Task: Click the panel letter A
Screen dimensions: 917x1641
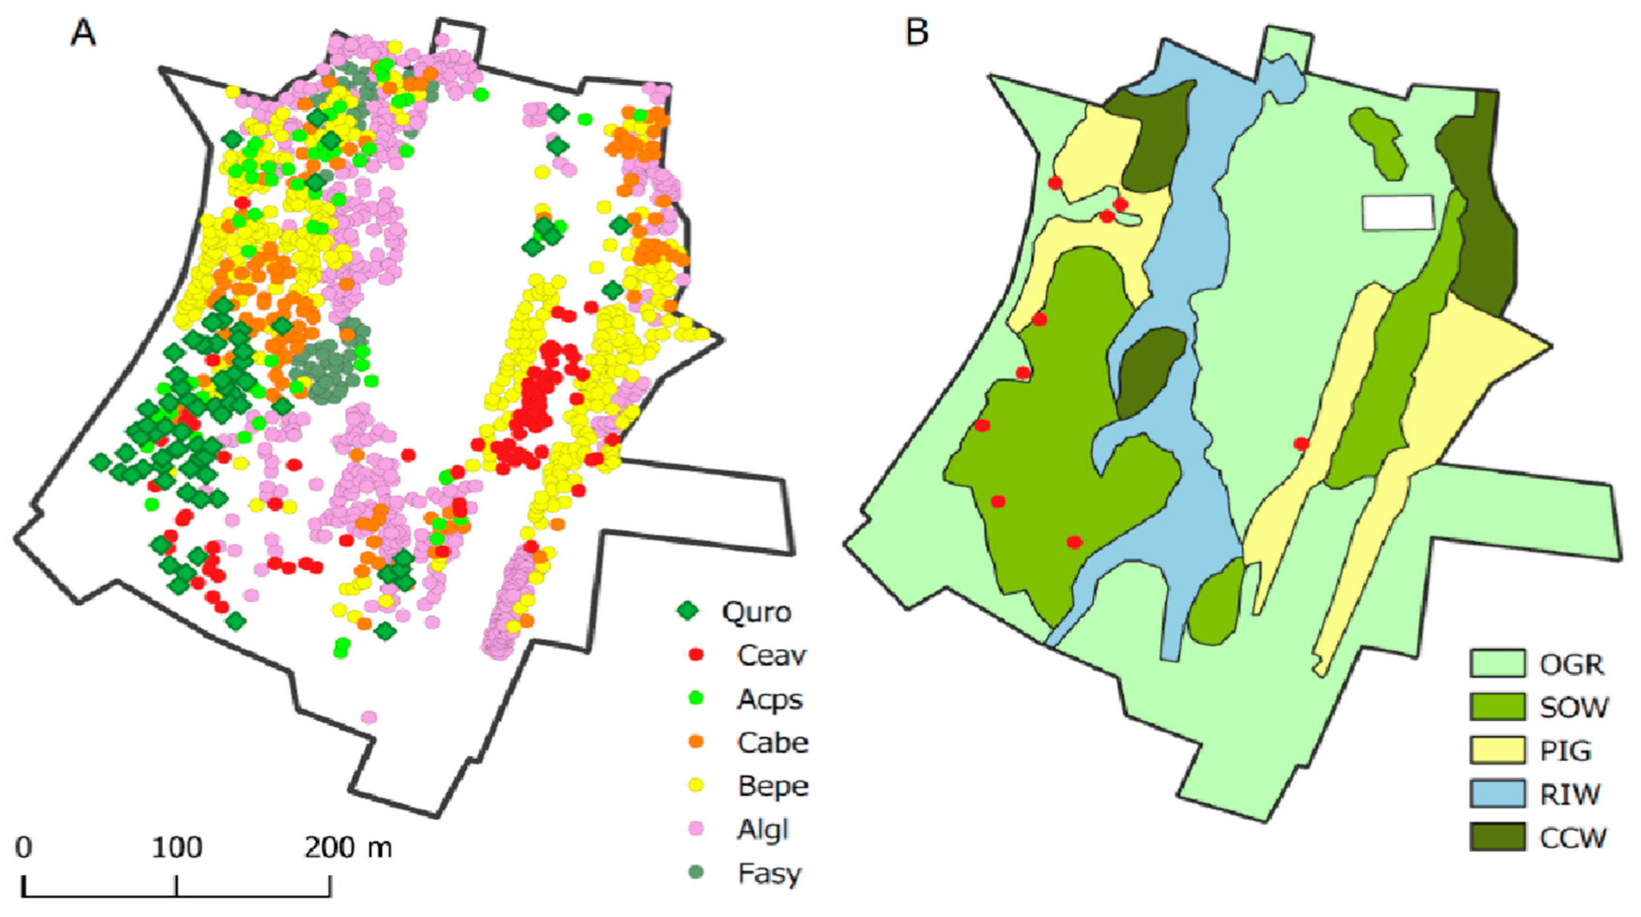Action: [x=83, y=32]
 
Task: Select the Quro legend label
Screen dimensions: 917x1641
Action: [x=756, y=612]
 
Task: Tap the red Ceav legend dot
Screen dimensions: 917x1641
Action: [x=696, y=654]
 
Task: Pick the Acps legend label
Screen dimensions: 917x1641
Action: [x=769, y=699]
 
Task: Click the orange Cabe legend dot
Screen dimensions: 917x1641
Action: [x=696, y=742]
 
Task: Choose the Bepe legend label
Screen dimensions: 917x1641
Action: [x=773, y=786]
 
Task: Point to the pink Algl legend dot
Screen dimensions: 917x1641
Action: [x=696, y=828]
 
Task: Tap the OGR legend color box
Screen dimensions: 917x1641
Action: [x=1497, y=664]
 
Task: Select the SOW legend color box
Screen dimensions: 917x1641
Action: [x=1497, y=707]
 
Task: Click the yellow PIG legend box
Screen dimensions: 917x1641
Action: [x=1497, y=750]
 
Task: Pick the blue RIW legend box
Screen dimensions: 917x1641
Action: [x=1497, y=794]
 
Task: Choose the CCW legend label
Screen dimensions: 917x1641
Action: [x=1573, y=838]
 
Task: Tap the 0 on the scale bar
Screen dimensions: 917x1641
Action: [x=24, y=848]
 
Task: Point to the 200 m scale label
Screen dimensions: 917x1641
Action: [x=348, y=848]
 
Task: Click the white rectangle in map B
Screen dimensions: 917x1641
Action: [x=1398, y=212]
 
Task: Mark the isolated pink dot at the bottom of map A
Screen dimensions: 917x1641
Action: [x=369, y=718]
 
